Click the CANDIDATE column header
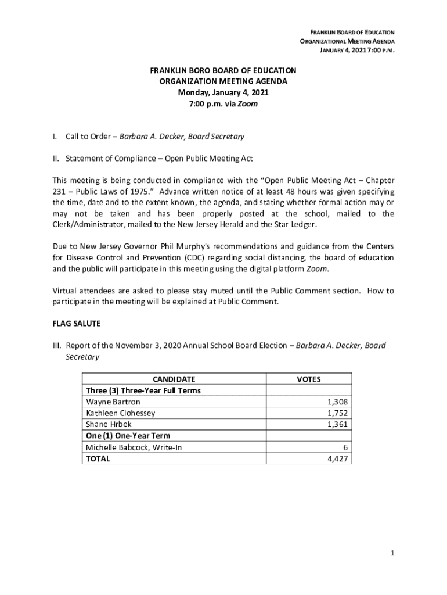[x=174, y=379]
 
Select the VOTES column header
[x=308, y=379]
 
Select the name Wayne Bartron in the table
[x=113, y=402]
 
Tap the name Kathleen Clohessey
[x=121, y=413]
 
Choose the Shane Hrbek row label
[x=109, y=424]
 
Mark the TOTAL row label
[x=98, y=458]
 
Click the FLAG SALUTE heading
[x=77, y=324]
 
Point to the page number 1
[x=392, y=554]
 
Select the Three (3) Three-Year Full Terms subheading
[x=143, y=390]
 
